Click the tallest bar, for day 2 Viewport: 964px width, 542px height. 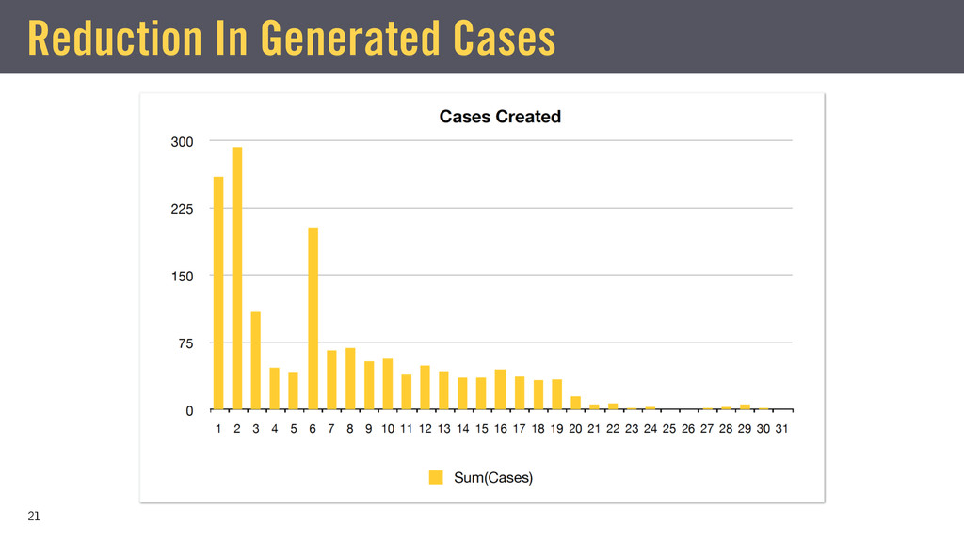click(237, 278)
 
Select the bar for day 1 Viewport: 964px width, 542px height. click(218, 293)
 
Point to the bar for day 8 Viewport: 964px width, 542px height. click(350, 378)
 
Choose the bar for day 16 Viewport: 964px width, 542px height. click(500, 390)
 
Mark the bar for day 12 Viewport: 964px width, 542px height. click(425, 388)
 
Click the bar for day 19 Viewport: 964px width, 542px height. click(556, 394)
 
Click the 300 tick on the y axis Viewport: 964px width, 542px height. click(182, 141)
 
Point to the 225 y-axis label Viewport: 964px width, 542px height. click(182, 209)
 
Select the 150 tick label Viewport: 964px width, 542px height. click(182, 276)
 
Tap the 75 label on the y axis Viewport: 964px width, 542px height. click(185, 343)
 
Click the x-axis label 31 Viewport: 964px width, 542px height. click(781, 429)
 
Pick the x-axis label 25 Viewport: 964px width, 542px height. click(669, 429)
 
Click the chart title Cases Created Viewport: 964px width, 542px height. click(500, 117)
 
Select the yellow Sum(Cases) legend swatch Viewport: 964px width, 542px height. click(436, 477)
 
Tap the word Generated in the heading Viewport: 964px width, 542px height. click(349, 39)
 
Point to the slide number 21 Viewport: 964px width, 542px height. click(34, 517)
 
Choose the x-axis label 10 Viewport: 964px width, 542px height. click(387, 429)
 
